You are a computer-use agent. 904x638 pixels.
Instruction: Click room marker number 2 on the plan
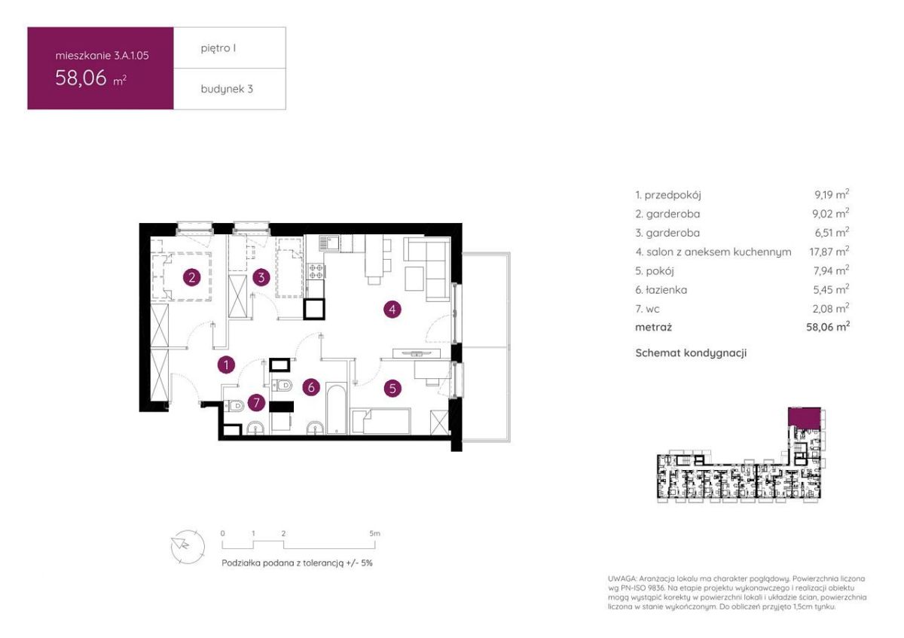191,278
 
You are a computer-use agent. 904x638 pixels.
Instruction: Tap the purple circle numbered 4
392,310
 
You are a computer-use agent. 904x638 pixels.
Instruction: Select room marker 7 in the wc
256,402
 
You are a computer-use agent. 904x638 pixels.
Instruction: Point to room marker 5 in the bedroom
392,389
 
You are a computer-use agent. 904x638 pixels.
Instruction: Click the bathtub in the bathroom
336,409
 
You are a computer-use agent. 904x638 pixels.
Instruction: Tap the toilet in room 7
234,405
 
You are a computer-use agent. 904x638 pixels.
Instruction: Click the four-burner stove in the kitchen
316,270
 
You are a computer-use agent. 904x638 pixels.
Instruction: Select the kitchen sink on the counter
329,243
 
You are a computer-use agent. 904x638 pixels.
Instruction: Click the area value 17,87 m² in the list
829,252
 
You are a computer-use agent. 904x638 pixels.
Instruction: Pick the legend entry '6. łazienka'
661,290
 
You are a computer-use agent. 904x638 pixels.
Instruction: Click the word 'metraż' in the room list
653,327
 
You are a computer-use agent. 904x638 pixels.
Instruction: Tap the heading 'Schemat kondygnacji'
691,353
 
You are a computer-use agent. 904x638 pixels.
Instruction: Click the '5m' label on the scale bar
374,533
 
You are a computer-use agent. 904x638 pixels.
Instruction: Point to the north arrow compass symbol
188,547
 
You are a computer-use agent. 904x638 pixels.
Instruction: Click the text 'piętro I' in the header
218,48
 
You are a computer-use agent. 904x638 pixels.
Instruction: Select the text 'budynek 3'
227,89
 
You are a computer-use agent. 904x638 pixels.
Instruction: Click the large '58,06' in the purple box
81,78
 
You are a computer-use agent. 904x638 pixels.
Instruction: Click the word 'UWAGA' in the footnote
621,578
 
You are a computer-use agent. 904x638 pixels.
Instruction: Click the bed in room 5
380,422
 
